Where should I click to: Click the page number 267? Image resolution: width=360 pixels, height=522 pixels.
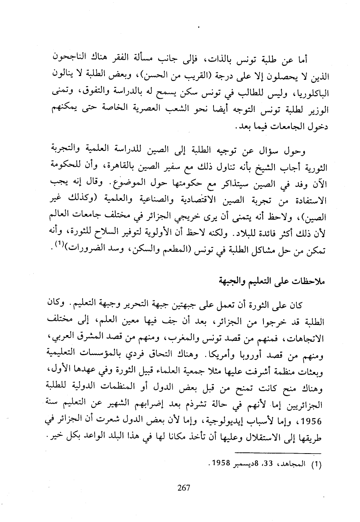coord(183,488)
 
